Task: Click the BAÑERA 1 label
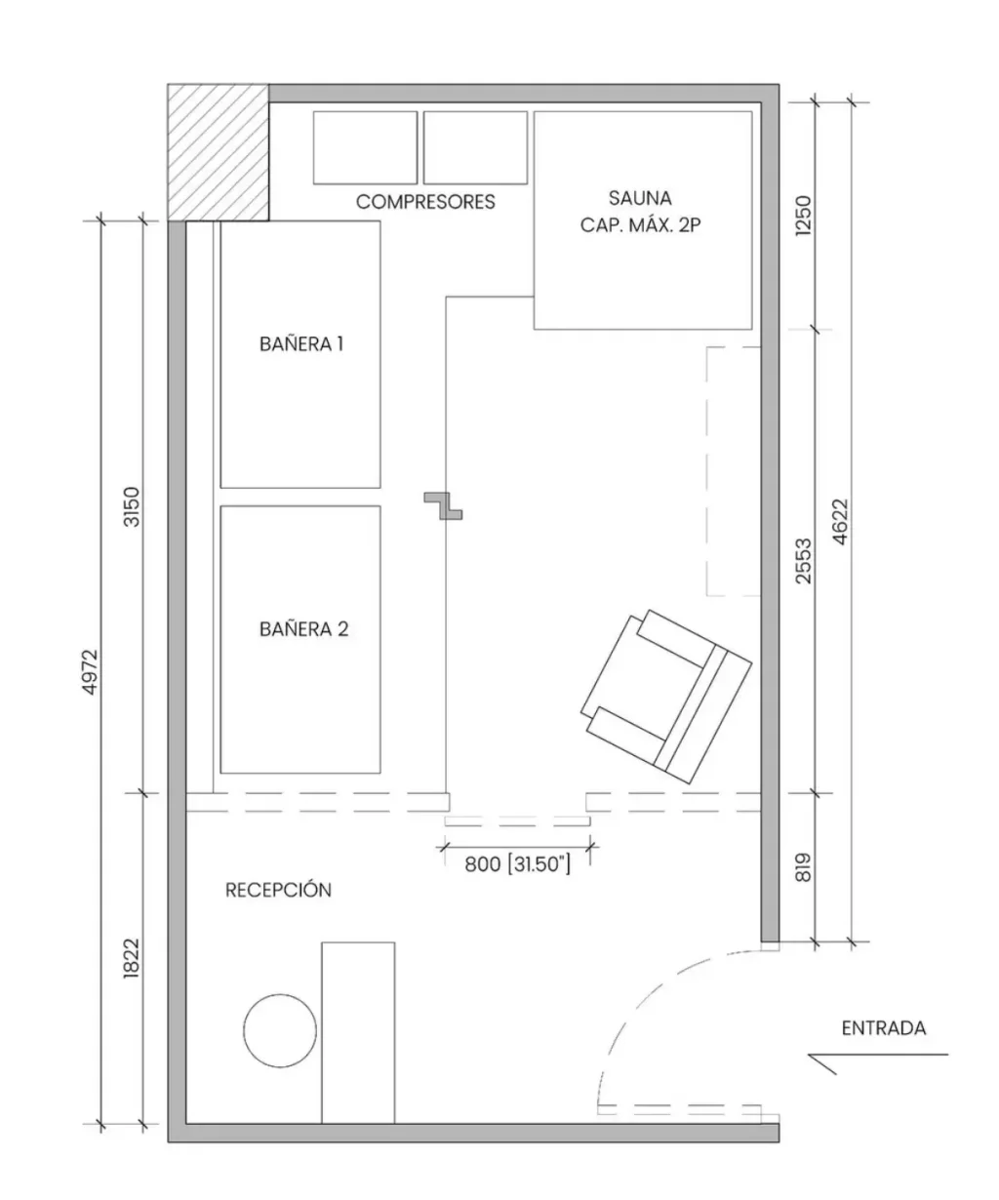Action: tap(301, 343)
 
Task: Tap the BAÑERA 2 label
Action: tap(303, 628)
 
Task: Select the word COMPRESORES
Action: tap(425, 202)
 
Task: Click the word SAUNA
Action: tap(640, 198)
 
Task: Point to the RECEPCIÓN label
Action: tap(278, 890)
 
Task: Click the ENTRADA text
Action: tap(884, 1028)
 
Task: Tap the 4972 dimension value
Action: tap(91, 672)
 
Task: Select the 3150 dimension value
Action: tap(132, 507)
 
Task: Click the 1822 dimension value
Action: tap(132, 958)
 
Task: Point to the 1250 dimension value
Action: tap(803, 216)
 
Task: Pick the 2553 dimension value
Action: tap(803, 561)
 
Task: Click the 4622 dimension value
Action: tap(840, 522)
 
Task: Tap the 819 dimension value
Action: tap(803, 867)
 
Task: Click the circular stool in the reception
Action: tap(280, 1031)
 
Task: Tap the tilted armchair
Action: tap(665, 697)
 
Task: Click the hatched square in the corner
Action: tap(218, 152)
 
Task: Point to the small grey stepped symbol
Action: tap(443, 505)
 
